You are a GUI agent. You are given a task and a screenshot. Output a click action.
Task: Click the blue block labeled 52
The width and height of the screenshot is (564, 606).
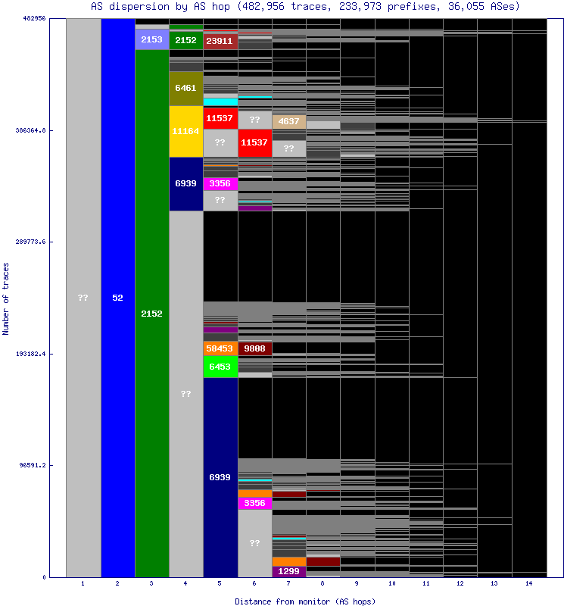[x=117, y=298]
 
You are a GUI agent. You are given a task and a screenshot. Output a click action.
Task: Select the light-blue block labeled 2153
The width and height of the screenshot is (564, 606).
[x=151, y=39]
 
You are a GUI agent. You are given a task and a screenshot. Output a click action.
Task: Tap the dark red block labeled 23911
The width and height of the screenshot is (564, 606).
[x=220, y=41]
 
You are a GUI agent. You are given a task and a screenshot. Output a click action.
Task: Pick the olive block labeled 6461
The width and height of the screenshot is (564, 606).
[x=185, y=88]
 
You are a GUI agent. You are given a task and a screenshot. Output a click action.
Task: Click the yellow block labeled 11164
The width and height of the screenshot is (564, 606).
[x=185, y=131]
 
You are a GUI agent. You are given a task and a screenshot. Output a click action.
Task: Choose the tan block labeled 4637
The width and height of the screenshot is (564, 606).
[x=288, y=121]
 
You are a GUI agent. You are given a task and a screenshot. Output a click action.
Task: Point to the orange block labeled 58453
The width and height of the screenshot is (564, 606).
[x=220, y=348]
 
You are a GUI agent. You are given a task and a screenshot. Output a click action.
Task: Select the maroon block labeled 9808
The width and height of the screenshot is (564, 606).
[x=254, y=348]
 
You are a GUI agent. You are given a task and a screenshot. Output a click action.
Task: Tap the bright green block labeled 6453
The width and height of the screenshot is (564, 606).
[x=220, y=367]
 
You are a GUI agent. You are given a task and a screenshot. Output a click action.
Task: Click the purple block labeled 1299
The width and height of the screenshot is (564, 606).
[x=288, y=571]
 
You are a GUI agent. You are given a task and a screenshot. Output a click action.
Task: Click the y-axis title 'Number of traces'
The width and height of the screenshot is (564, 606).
[x=6, y=298]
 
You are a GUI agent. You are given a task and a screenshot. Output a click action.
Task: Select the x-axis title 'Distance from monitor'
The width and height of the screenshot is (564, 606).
[x=305, y=601]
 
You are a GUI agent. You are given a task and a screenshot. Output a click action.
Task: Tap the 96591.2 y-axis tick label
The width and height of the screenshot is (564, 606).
[x=33, y=465]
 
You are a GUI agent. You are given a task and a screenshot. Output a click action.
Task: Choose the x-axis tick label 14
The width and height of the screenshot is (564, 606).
[x=528, y=584]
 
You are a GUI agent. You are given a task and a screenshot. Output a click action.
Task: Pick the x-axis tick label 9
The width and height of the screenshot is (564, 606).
[x=357, y=584]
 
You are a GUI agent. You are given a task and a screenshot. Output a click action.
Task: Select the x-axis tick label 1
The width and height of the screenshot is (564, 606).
[x=83, y=584]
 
